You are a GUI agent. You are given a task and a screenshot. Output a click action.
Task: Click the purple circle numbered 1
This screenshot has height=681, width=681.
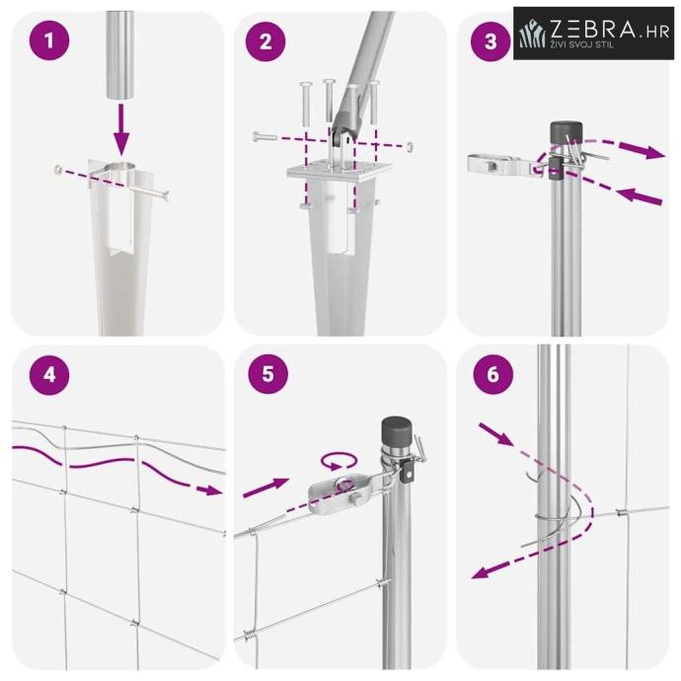[49, 40]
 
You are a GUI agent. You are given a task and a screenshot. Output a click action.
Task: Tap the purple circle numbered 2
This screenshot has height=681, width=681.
[265, 41]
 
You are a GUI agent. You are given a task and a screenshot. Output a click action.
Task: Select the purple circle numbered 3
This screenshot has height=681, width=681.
[491, 41]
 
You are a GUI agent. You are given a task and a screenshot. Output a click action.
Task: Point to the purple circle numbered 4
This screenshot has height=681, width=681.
[49, 374]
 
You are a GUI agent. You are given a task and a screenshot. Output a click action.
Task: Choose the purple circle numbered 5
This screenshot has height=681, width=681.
[268, 373]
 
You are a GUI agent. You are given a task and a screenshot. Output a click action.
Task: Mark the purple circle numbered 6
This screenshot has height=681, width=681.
[492, 374]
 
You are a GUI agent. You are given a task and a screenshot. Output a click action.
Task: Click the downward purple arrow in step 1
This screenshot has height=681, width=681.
[121, 129]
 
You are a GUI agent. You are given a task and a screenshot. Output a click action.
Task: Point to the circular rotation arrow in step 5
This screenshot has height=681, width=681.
[339, 461]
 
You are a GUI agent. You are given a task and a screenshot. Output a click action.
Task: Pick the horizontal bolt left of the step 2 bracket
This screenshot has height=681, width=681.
[265, 136]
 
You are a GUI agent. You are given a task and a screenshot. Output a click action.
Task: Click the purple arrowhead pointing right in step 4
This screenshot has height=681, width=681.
[209, 490]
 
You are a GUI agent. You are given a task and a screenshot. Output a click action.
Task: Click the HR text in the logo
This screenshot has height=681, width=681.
[657, 33]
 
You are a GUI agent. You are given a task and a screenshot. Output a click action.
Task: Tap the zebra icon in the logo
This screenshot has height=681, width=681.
[533, 34]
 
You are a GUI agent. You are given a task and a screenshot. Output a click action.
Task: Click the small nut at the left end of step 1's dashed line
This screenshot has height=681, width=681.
[58, 169]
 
